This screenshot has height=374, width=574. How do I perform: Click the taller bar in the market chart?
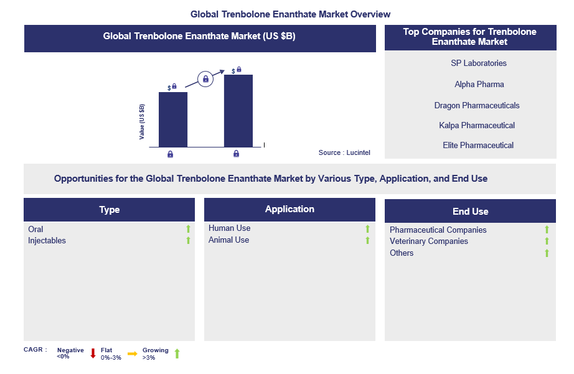238,111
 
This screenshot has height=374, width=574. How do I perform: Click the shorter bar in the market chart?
173,119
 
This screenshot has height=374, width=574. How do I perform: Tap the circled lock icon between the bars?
205,78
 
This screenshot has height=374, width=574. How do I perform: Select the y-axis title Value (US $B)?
142,122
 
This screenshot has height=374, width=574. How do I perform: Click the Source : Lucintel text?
344,152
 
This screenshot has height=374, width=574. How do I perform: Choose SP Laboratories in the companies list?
479,63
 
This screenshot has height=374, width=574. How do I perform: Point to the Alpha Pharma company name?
479,85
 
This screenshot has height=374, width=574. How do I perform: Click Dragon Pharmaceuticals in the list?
477,105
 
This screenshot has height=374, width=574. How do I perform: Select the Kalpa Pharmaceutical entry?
477,126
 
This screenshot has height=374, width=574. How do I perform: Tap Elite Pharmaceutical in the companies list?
478,145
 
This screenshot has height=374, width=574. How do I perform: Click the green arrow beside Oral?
188,229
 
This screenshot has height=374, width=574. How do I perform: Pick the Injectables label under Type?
47,241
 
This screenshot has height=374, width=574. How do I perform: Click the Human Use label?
230,228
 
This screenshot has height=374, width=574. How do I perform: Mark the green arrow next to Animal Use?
367,240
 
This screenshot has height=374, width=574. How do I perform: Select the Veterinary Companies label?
429,241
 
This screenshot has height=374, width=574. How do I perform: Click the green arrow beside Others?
547,253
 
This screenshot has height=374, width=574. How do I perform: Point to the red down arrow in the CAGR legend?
93,353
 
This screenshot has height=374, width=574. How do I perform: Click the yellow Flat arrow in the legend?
132,353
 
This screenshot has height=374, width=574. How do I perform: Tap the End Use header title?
471,212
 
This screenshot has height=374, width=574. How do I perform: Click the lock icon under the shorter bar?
170,154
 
